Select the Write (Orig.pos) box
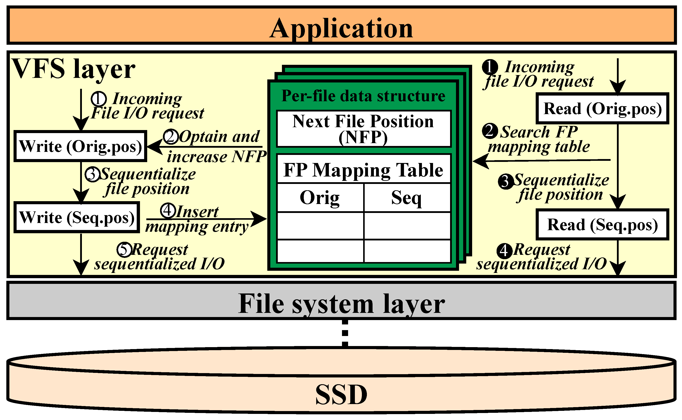click(80, 146)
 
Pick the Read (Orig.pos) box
click(602, 108)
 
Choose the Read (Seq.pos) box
click(602, 225)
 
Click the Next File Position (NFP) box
click(363, 129)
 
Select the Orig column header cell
click(320, 197)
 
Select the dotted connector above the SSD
click(345, 333)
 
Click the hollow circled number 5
click(124, 249)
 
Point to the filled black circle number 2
click(490, 131)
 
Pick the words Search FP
click(539, 132)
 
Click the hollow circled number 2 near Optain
click(170, 136)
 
